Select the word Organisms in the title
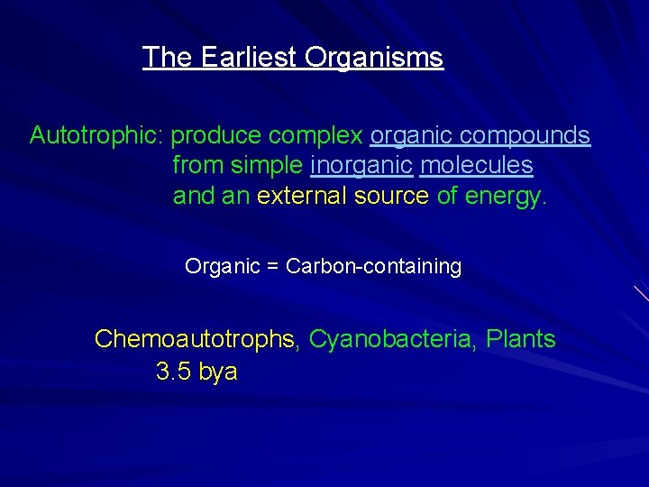click(374, 58)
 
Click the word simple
click(268, 167)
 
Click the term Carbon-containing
click(373, 267)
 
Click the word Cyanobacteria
click(392, 340)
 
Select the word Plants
click(520, 340)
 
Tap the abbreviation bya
click(218, 372)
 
